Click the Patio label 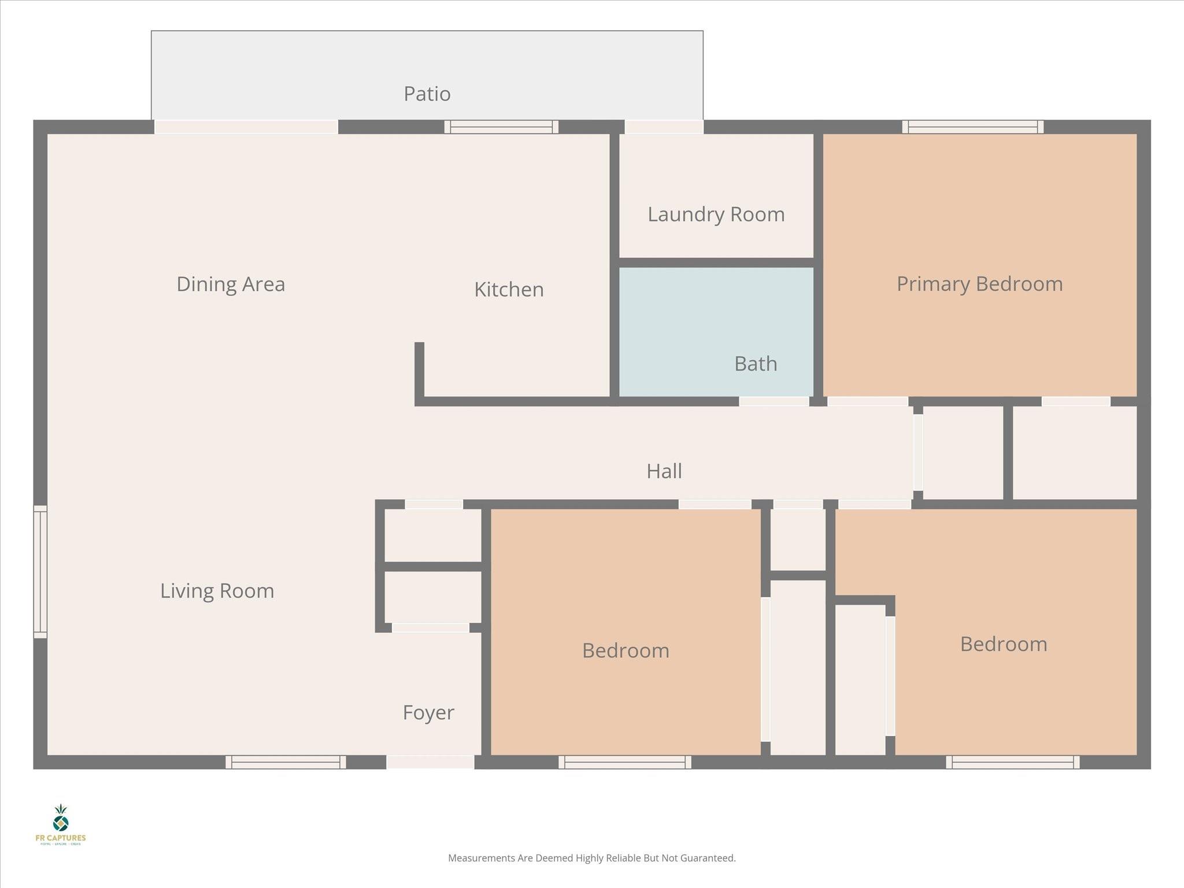point(427,94)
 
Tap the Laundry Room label point(716,214)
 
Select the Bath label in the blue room point(755,364)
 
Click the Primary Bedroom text point(979,284)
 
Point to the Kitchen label point(509,290)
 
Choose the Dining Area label point(231,284)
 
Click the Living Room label point(217,591)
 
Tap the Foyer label point(428,712)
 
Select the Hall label point(664,471)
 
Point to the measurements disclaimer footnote point(591,858)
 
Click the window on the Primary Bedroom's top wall point(972,127)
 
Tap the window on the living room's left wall point(40,572)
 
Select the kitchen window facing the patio point(501,127)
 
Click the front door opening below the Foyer point(430,762)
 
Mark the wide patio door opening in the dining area point(246,127)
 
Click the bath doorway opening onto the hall point(774,401)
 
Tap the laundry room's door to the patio point(664,127)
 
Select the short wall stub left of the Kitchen point(419,370)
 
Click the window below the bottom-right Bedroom point(1012,762)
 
